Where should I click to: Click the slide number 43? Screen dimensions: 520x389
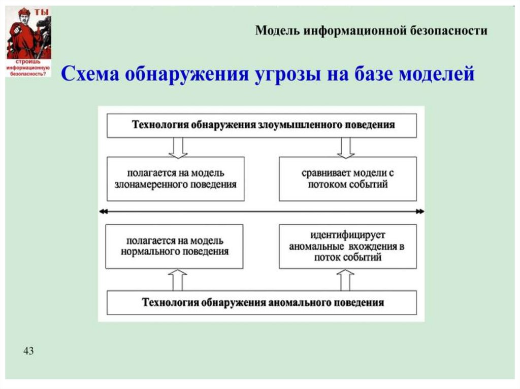28,350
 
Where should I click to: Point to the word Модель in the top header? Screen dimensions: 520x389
276,31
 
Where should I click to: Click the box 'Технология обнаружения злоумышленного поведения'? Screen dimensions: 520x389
262,125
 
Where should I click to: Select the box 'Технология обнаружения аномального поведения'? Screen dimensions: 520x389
262,303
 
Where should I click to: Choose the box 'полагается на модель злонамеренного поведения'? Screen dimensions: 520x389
175,179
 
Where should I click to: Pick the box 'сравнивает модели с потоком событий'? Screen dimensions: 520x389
347,179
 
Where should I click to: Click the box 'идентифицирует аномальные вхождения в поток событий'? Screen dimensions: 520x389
347,246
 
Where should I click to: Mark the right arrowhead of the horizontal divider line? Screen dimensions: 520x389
421,211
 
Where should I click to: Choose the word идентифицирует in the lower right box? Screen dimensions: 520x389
348,235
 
